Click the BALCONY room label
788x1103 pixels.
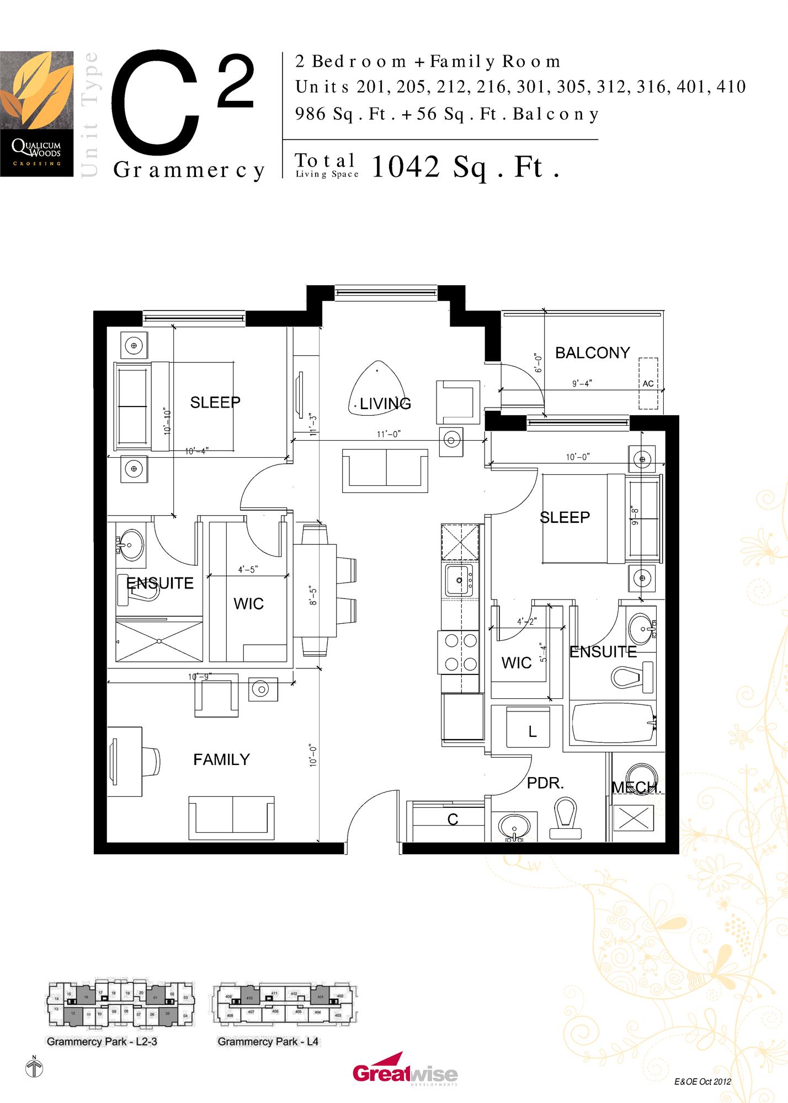pyautogui.click(x=592, y=353)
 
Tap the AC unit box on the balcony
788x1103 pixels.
pyautogui.click(x=648, y=383)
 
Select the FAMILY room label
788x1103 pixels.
pyautogui.click(x=221, y=759)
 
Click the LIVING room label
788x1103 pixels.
pyautogui.click(x=385, y=404)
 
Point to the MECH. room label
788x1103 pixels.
pyautogui.click(x=636, y=788)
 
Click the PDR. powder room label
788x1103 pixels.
pyautogui.click(x=545, y=783)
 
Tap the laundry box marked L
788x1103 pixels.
pyautogui.click(x=529, y=726)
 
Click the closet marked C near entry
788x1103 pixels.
pyautogui.click(x=452, y=820)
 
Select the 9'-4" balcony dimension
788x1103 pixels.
pyautogui.click(x=582, y=383)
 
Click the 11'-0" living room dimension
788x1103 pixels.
pyautogui.click(x=388, y=434)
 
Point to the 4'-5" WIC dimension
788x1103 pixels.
pyautogui.click(x=248, y=569)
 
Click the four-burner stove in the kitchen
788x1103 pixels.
pyautogui.click(x=457, y=652)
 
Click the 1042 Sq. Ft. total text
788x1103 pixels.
pyautogui.click(x=465, y=167)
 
